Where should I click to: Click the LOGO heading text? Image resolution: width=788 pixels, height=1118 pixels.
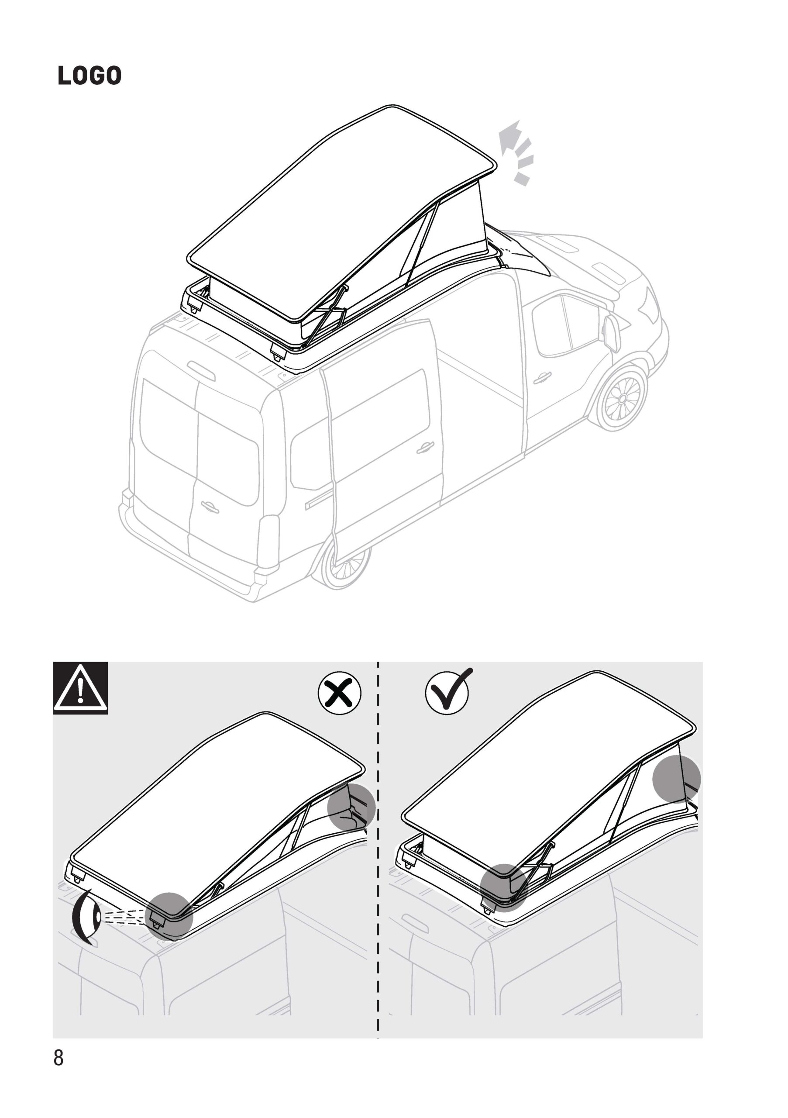coord(89,76)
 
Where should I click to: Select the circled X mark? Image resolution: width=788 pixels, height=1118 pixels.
coord(340,692)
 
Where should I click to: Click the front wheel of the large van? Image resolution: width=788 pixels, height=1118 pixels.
coord(623,399)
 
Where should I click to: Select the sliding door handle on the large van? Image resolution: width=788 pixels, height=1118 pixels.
coord(425,447)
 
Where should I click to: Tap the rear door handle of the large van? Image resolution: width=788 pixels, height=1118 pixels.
coord(208,507)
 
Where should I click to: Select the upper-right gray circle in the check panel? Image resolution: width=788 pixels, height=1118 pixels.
coord(677,779)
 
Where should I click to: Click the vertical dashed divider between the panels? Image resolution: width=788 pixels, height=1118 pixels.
coord(378,850)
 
